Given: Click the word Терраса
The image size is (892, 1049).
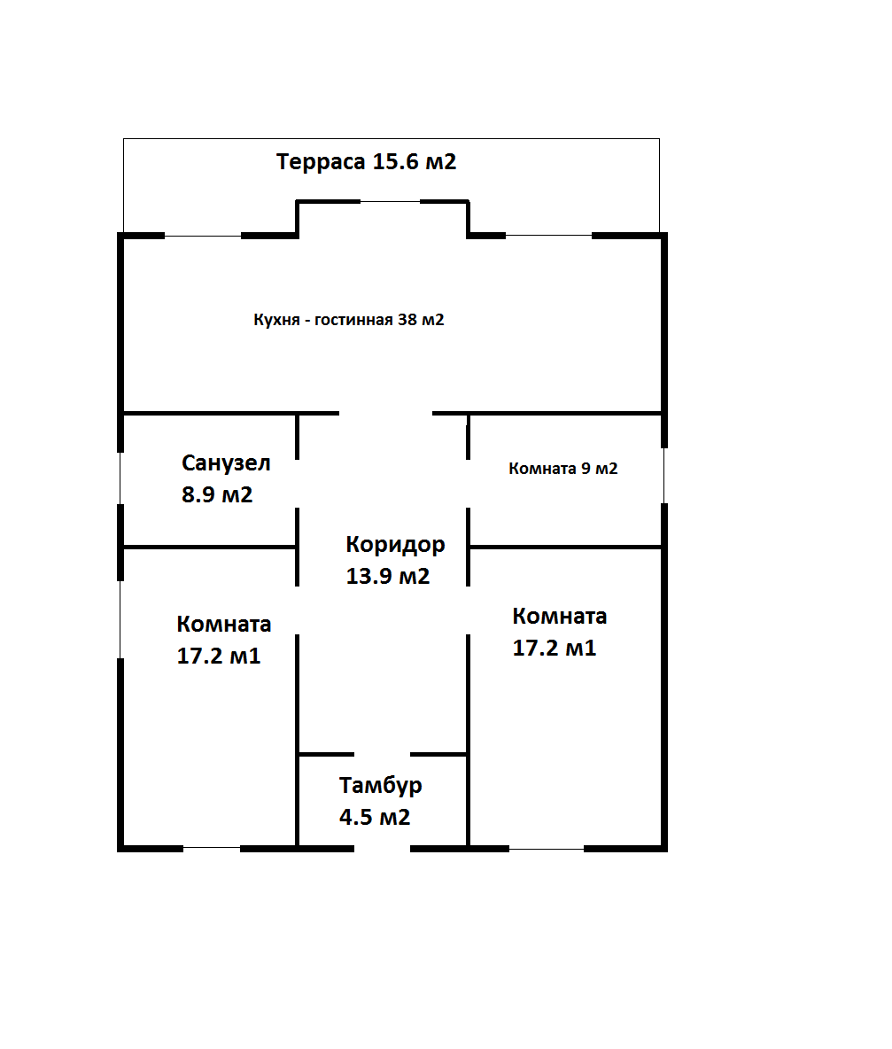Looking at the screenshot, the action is tap(321, 162).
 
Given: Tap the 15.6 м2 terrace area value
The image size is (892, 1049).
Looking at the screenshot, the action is tap(415, 161).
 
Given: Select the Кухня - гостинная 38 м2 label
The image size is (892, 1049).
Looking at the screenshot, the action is tap(348, 320).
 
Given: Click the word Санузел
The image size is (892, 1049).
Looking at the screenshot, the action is tap(226, 463).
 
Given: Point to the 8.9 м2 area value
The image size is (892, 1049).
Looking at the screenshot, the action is tap(217, 494).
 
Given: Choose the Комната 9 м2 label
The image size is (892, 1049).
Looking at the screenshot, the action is tap(563, 469).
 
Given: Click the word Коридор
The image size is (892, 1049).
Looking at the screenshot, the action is tap(395, 545).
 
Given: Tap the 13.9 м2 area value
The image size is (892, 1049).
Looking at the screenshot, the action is tap(388, 576).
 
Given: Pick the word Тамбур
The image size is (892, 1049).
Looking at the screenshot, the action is tap(381, 785).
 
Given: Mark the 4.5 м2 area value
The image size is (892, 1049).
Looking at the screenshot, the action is tap(375, 817).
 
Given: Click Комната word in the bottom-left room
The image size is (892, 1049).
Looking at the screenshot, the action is tap(224, 625).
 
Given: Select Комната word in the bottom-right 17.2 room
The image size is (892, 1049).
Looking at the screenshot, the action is tap(560, 616).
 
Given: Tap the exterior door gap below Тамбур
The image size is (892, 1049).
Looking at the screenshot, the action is tap(383, 849).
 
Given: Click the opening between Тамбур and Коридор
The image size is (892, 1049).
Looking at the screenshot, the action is tap(383, 755).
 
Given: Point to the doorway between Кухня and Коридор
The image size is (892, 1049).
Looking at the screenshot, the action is tap(386, 414).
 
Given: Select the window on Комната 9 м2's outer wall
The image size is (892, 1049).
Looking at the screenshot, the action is tap(664, 476).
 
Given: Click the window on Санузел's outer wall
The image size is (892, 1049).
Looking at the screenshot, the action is tap(120, 478).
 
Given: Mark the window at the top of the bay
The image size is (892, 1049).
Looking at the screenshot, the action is tap(391, 201).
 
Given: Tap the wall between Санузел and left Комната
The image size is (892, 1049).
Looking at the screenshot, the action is tap(209, 548).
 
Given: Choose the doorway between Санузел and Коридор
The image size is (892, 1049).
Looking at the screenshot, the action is tap(298, 484).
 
